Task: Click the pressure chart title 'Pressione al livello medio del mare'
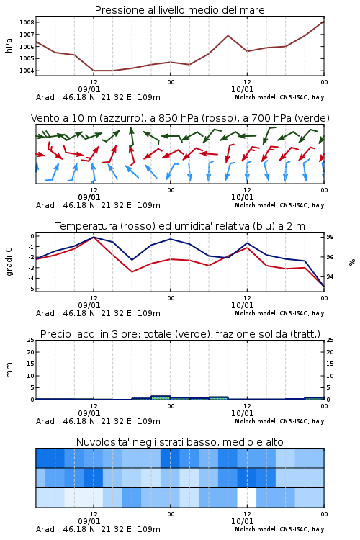(179, 10)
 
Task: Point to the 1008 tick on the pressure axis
(27, 23)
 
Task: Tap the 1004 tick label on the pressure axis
(27, 71)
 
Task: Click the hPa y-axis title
(9, 45)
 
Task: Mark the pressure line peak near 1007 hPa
(228, 35)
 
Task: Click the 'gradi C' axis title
(9, 261)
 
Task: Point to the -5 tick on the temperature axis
(31, 289)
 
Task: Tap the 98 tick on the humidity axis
(330, 238)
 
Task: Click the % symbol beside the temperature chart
(352, 262)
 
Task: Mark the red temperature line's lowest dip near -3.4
(132, 271)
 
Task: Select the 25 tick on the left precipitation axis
(31, 340)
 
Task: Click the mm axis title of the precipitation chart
(9, 369)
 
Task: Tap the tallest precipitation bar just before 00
(161, 397)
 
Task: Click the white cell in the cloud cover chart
(247, 498)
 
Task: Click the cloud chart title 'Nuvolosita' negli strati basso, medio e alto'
(179, 442)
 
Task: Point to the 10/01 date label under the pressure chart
(242, 89)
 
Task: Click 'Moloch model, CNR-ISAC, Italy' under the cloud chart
(279, 529)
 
